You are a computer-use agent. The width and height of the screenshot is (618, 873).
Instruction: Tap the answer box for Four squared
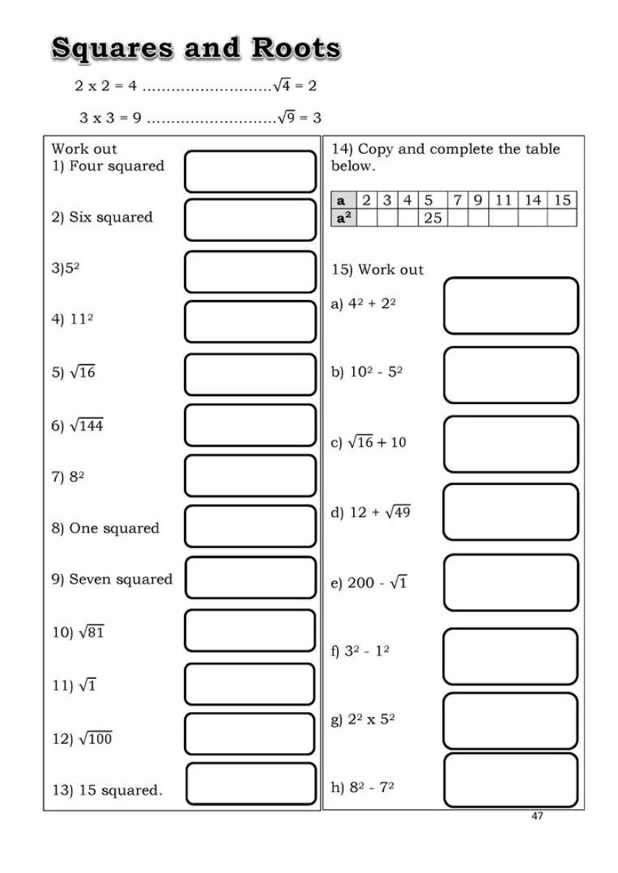[249, 171]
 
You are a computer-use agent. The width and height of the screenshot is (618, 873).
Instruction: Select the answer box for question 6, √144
[249, 425]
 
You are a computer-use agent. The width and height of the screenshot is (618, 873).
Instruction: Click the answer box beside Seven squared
[249, 578]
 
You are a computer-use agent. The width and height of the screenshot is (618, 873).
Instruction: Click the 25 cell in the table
[433, 218]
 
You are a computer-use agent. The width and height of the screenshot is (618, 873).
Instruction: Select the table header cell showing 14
[532, 200]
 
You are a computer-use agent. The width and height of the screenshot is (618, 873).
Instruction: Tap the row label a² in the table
[342, 218]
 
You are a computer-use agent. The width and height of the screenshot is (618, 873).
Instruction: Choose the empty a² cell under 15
[561, 218]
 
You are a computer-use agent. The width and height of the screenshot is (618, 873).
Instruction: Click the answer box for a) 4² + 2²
[511, 306]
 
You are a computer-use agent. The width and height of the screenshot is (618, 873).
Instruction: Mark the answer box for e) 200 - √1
[511, 583]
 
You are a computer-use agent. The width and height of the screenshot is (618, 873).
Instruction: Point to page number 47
[536, 816]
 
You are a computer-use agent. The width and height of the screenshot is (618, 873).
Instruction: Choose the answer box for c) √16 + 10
[511, 444]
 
